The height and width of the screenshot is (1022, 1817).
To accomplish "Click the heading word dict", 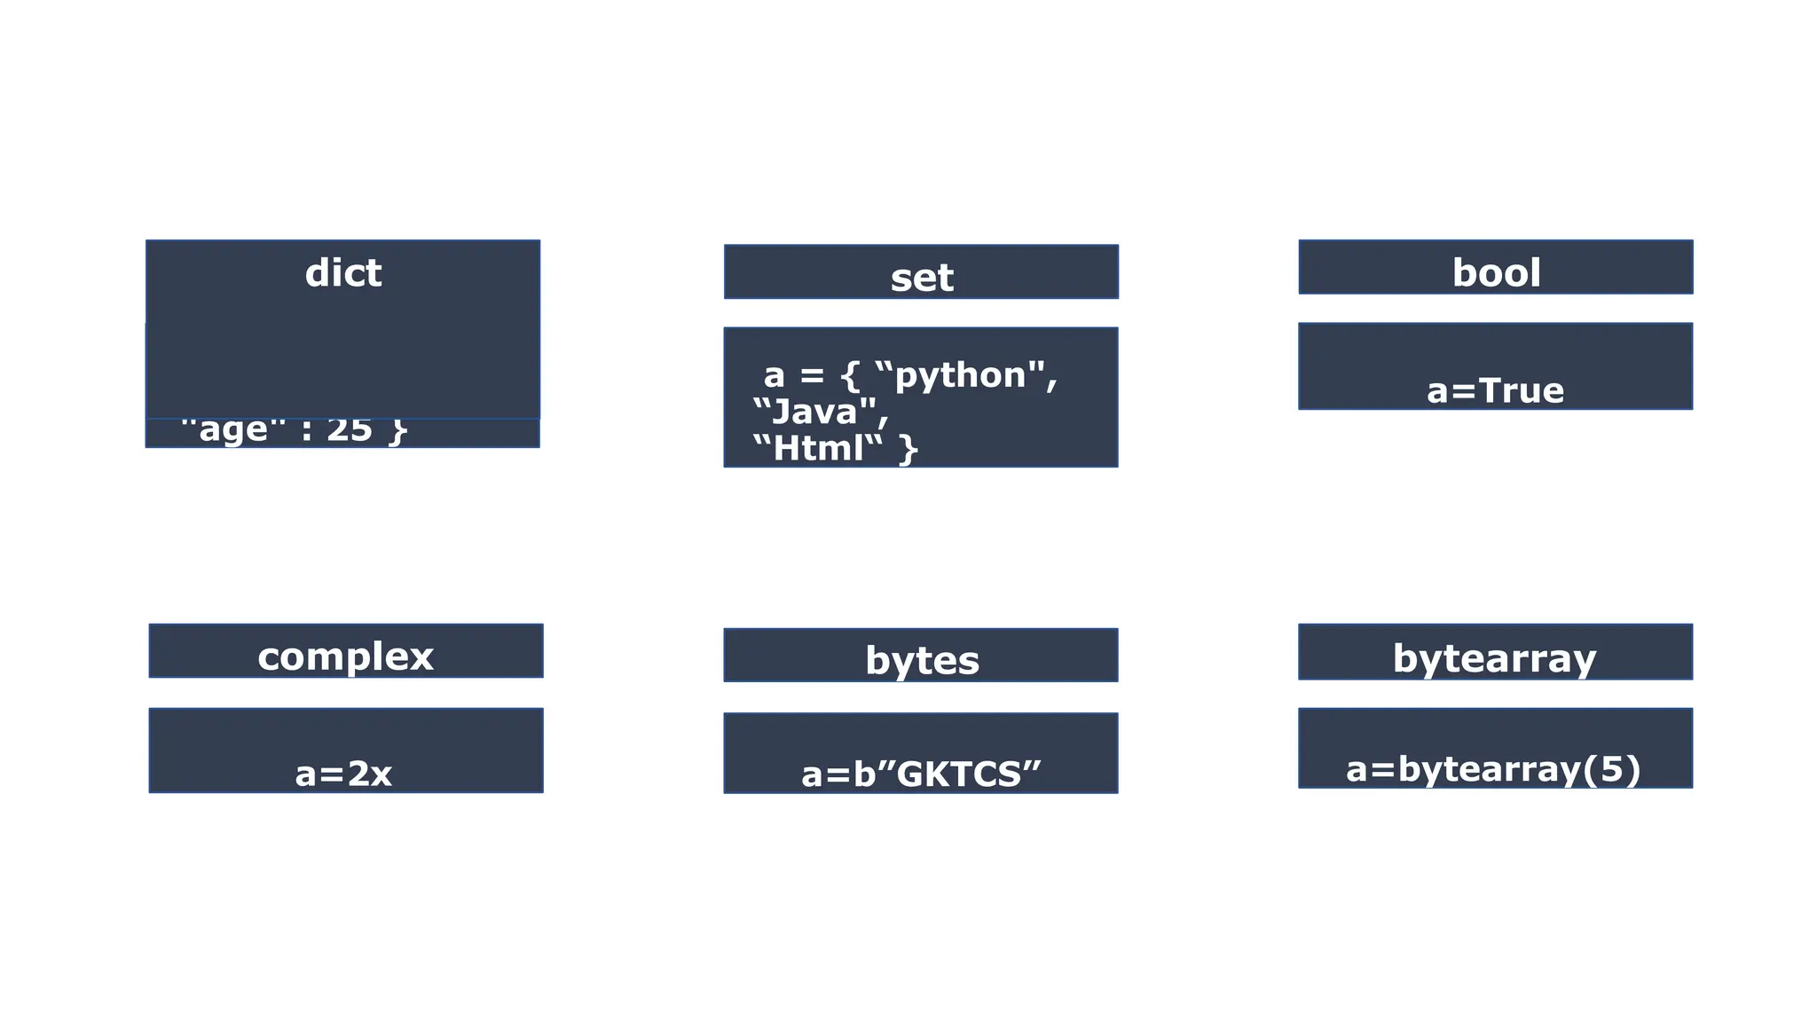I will tap(342, 273).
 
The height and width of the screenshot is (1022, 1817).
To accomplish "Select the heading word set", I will tap(921, 279).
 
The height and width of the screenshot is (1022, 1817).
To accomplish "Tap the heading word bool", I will tap(1496, 273).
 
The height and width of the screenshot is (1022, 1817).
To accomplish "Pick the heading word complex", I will tap(345, 657).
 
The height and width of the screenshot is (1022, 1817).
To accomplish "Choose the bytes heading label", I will tap(921, 661).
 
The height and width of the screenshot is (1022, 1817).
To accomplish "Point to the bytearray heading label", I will tap(1494, 659).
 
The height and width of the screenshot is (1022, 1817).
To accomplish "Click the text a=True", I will tap(1495, 391).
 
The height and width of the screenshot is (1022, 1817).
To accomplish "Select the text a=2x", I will tap(343, 774).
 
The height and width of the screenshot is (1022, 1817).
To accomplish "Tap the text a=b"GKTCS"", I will tap(921, 774).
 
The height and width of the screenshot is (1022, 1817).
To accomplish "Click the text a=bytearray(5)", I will tap(1493, 769).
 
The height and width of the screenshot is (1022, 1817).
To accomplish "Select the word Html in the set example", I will tap(818, 449).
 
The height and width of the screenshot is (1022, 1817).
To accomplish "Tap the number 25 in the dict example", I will tap(350, 431).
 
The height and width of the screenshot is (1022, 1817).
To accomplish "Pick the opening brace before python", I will tap(850, 376).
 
